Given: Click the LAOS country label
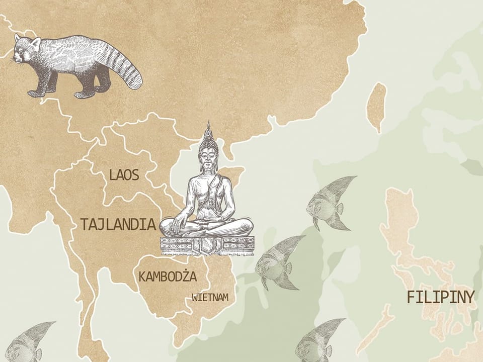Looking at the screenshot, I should click(124, 175).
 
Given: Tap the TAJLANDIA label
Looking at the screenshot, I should click(117, 224).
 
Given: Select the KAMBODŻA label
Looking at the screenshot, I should click(168, 277).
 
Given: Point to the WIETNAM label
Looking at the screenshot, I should click(210, 298).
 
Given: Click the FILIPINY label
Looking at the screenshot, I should click(440, 297).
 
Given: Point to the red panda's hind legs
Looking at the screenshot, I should click(86, 90).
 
